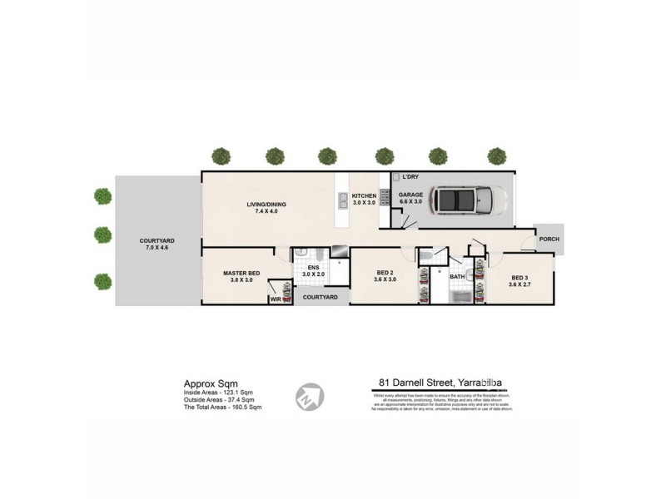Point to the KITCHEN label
(x=365, y=196)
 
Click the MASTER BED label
(x=241, y=273)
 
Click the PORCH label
(x=549, y=240)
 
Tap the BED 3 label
(x=520, y=277)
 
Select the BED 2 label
(x=385, y=273)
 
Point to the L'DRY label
(x=410, y=178)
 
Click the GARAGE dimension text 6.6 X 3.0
(x=411, y=202)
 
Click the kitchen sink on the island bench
(x=343, y=200)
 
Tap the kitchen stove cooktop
(x=385, y=198)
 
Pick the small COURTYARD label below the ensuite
(x=320, y=297)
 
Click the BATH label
(x=457, y=278)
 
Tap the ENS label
(x=312, y=268)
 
